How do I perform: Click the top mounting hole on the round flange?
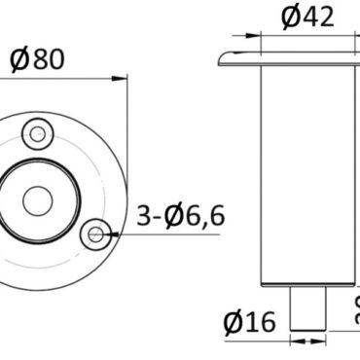[38, 132]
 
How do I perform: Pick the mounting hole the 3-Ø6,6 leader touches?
[95, 233]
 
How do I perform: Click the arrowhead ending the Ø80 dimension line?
[123, 75]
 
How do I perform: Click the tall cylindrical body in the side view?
[306, 175]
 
